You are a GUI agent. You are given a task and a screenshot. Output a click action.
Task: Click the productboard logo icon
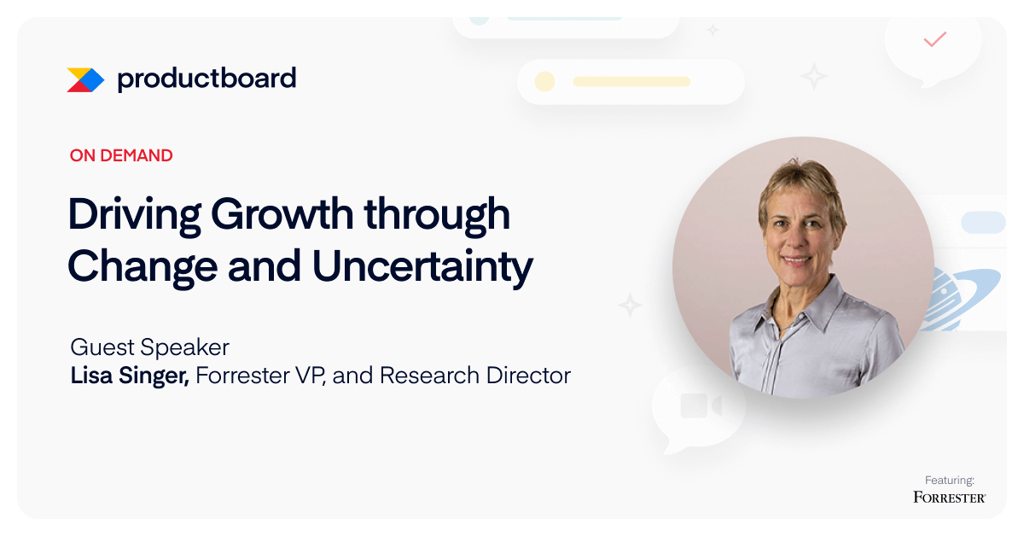[85, 80]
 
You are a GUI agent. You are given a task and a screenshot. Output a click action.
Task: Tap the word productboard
[207, 79]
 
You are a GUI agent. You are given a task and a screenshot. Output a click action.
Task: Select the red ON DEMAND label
[121, 155]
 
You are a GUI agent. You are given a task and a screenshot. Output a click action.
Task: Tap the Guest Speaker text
[149, 347]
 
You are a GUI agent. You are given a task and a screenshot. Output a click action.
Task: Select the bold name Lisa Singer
[130, 376]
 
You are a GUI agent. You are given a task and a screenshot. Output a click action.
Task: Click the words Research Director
[475, 375]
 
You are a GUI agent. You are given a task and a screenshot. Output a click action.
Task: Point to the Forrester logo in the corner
[950, 497]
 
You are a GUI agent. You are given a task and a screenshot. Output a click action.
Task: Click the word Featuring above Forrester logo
[950, 481]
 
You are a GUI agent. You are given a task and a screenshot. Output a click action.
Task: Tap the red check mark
[935, 39]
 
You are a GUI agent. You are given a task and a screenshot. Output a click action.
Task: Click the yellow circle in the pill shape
[545, 82]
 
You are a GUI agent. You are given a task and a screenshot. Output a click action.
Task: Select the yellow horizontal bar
[631, 82]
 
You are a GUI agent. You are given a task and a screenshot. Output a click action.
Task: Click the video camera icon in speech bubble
[701, 405]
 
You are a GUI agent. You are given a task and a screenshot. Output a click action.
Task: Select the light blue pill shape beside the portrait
[983, 223]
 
